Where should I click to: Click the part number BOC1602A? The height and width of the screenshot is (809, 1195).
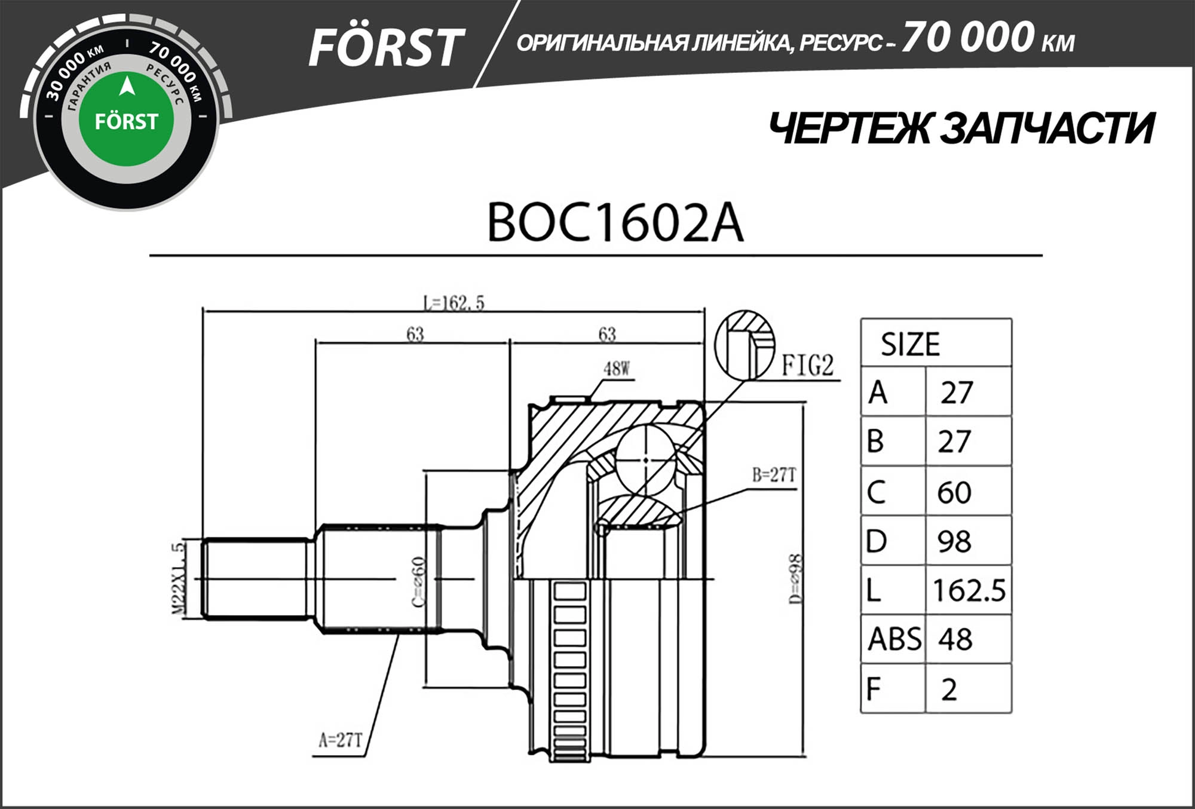pos(615,223)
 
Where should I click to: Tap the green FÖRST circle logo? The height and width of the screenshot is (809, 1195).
pos(126,120)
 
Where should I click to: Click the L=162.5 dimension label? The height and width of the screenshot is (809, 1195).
pos(454,303)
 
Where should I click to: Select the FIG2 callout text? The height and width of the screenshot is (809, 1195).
pos(808,365)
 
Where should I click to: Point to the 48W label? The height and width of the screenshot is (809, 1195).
pos(617,369)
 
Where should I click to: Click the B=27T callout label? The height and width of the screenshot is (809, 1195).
pos(774,475)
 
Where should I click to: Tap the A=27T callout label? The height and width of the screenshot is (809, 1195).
pos(340,740)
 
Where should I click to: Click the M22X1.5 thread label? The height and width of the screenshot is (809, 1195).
pos(178,578)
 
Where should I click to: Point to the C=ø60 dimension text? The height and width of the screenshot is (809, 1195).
pos(419,581)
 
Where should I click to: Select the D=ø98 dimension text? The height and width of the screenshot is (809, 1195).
pos(795,578)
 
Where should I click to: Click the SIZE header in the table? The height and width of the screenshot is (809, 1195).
pos(910,344)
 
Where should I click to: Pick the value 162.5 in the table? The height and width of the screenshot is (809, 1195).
pos(969,590)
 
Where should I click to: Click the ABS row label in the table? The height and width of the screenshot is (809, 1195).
pos(894,639)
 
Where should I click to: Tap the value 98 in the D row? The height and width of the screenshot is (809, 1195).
pos(954,541)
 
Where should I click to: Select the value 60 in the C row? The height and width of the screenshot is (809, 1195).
pos(954,492)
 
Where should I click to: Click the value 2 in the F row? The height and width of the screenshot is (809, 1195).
pos(949,689)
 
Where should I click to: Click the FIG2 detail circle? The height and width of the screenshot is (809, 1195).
pos(744,345)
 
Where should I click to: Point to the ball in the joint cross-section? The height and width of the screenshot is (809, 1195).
pos(646,459)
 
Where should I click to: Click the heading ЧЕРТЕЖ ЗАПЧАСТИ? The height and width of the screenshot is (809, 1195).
pos(961,128)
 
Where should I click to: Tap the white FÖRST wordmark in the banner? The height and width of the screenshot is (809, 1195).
pos(385,48)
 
